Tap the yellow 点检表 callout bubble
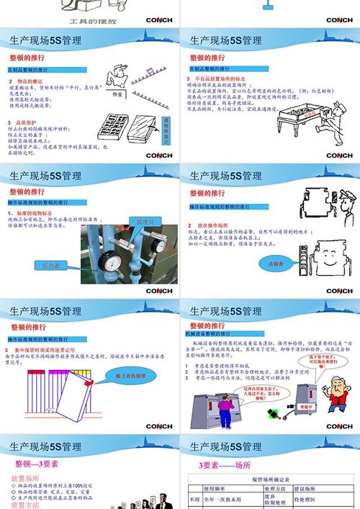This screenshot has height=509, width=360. point(274,263)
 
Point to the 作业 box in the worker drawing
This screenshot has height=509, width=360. point(117,93)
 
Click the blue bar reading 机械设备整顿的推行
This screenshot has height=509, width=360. point(206,334)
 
